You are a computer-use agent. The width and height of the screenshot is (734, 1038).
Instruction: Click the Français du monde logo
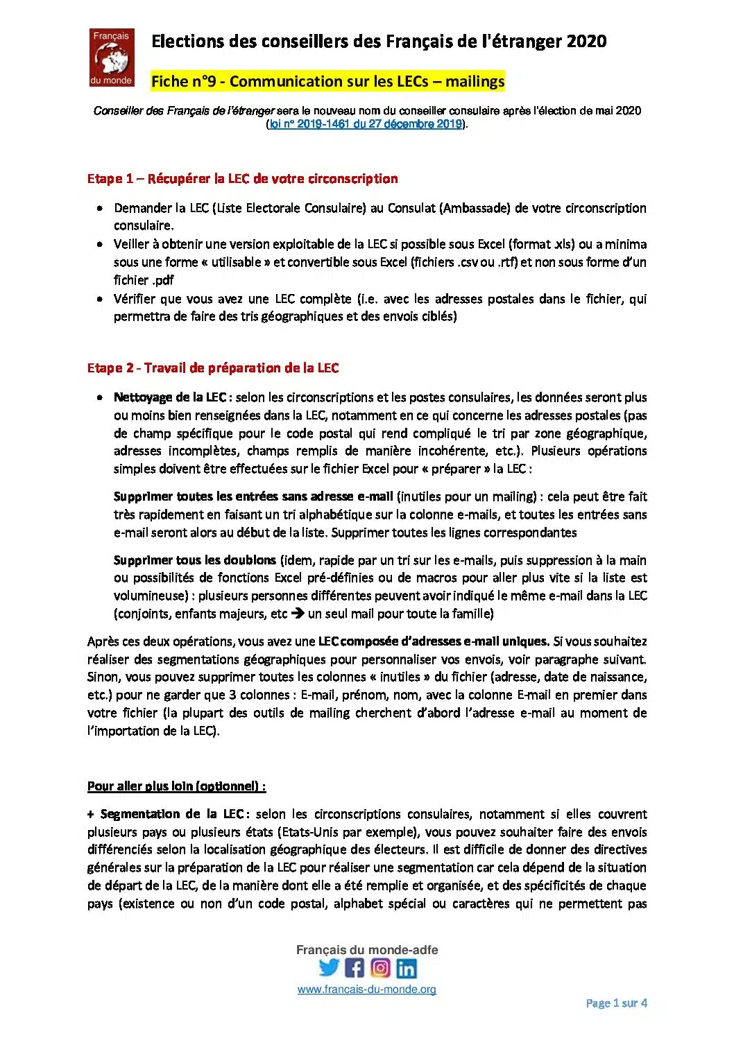112,57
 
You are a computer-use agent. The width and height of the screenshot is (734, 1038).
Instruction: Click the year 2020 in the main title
586,42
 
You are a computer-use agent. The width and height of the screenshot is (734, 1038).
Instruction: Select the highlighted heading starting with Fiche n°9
327,81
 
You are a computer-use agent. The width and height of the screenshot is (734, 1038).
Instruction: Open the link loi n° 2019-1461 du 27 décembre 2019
366,124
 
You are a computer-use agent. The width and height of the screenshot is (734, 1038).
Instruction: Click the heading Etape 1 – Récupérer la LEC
242,179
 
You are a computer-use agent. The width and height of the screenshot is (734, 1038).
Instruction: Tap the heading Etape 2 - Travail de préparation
213,368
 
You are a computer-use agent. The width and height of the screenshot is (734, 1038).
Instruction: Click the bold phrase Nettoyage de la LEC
170,397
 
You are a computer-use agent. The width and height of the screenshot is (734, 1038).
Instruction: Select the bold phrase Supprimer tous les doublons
196,560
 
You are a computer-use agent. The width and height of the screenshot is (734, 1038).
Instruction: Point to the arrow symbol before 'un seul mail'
298,614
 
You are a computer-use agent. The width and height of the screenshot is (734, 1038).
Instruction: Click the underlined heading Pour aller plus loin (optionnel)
176,786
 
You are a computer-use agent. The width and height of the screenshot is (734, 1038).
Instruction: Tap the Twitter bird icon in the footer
329,967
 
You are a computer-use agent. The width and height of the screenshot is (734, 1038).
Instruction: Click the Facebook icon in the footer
355,967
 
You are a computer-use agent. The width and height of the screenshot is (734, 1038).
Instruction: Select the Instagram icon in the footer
380,967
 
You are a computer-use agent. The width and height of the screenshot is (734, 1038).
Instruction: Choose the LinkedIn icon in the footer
407,967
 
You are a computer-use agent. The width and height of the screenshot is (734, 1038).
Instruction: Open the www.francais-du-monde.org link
366,989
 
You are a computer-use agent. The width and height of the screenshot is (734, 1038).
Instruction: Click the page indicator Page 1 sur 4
616,1003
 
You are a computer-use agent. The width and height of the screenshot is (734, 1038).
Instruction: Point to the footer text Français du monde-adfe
367,950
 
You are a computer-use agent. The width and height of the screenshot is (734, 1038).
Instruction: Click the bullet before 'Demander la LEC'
101,208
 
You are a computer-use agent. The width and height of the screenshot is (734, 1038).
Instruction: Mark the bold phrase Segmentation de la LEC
171,814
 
